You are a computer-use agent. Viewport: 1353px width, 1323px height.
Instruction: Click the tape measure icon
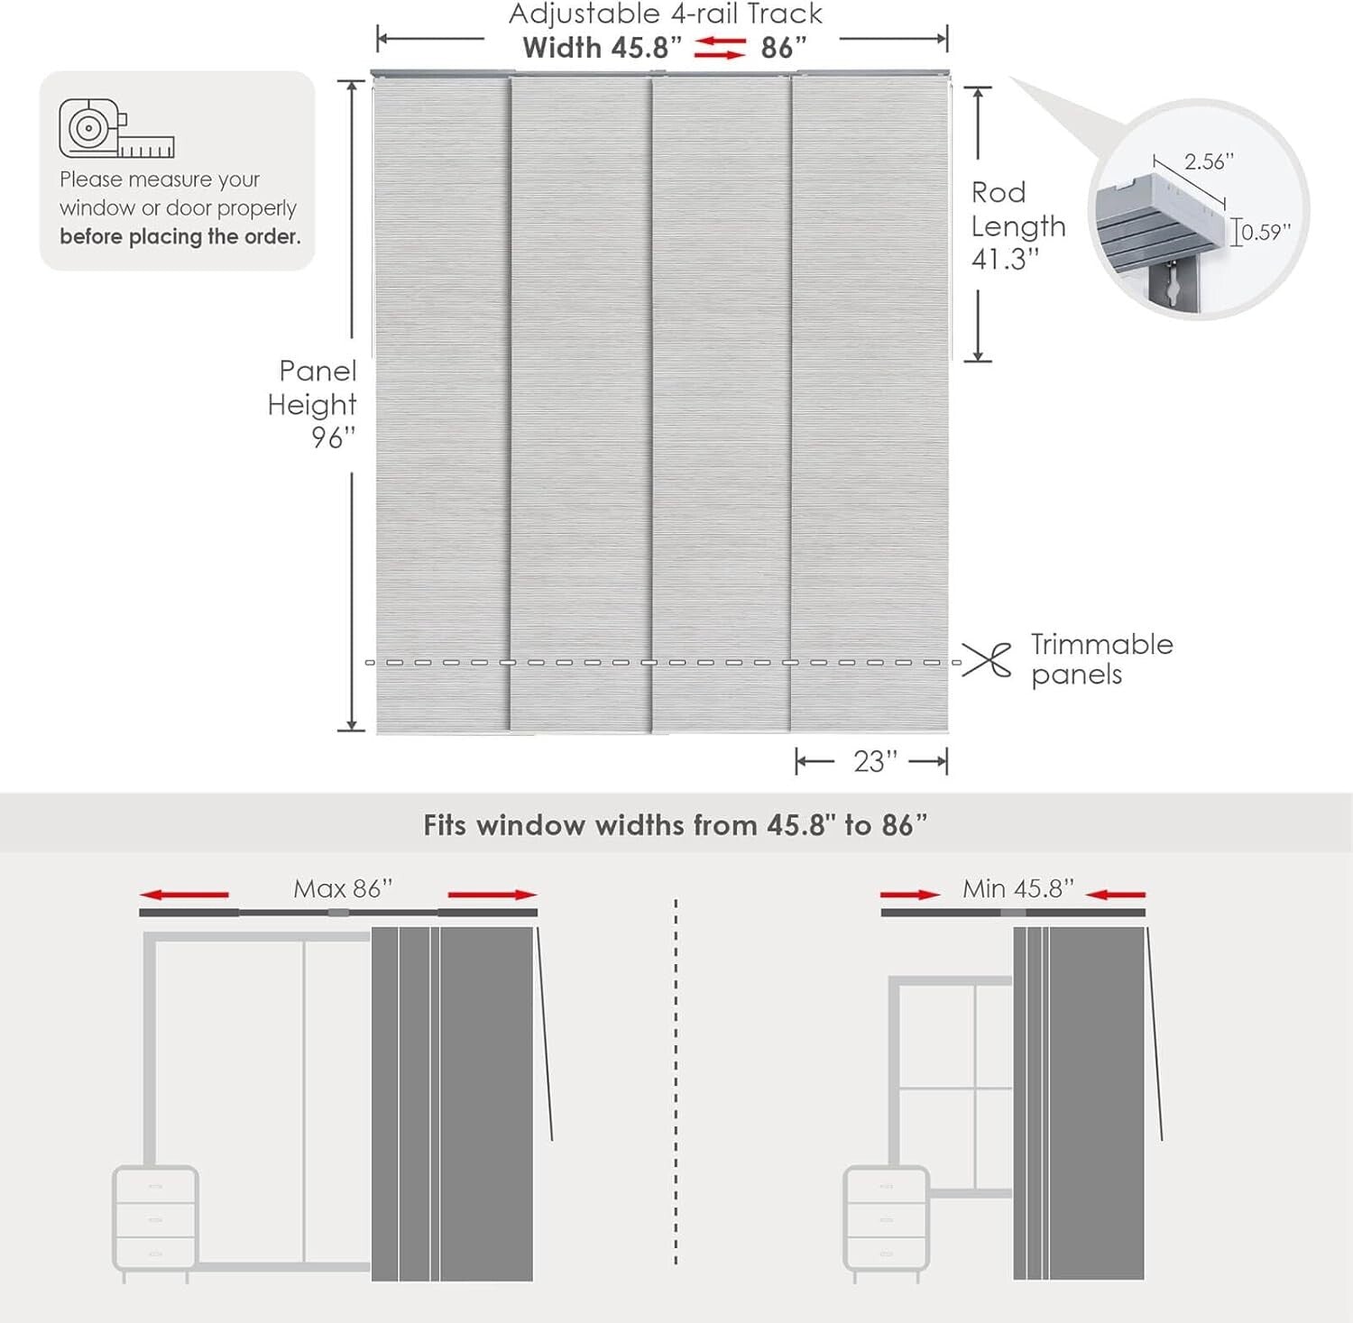tap(115, 129)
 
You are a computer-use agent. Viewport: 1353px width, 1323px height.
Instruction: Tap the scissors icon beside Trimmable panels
tap(986, 660)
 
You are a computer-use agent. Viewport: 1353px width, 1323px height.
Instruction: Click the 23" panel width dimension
tap(875, 762)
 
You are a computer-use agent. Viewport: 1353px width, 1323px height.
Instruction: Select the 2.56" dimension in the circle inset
tap(1209, 162)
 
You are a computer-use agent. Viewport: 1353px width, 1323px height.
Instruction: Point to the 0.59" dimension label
tap(1266, 233)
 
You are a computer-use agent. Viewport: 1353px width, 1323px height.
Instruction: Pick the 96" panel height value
tap(333, 438)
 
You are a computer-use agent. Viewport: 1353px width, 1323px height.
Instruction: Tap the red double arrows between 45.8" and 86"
tap(720, 48)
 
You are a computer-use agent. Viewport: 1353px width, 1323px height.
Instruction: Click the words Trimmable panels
tap(1101, 659)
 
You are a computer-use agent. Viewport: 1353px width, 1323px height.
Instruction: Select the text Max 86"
tap(343, 889)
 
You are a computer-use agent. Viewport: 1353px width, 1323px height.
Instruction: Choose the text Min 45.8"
tap(1017, 889)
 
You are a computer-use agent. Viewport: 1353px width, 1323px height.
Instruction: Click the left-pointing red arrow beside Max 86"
tap(185, 895)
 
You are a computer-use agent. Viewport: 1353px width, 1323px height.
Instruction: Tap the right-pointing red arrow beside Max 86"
tap(492, 895)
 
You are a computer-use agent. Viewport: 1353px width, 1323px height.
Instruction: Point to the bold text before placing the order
tap(180, 237)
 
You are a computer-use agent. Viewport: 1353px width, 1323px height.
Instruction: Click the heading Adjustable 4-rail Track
tap(666, 14)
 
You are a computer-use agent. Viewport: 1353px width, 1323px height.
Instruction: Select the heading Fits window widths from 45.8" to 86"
tap(675, 825)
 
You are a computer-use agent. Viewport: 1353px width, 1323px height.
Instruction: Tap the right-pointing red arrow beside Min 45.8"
tap(910, 895)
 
